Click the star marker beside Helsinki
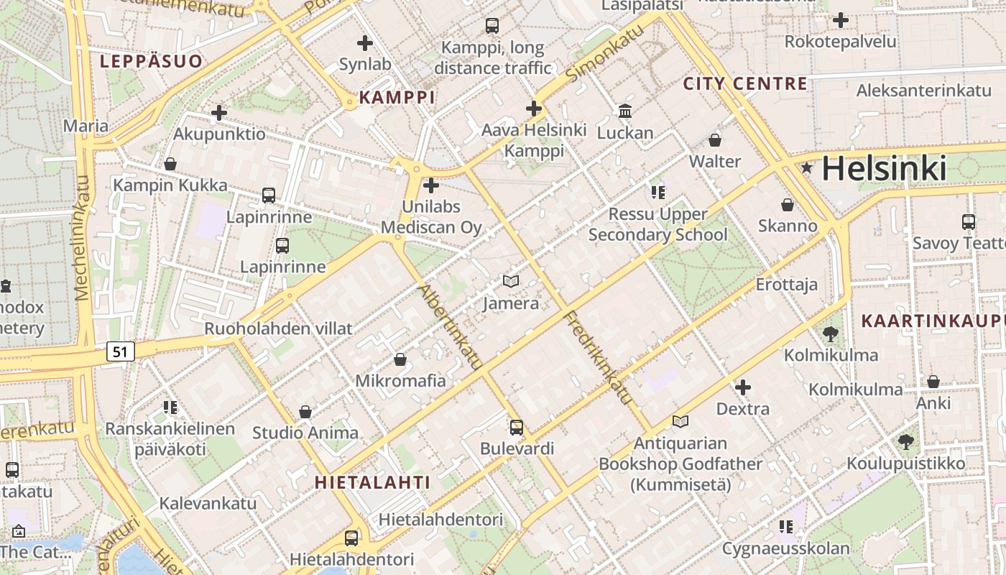tap(807, 168)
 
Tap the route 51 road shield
tap(121, 351)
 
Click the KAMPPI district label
tap(397, 98)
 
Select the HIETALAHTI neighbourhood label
tap(372, 482)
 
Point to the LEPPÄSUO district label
tap(151, 61)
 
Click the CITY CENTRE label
tap(745, 83)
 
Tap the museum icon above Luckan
tap(625, 111)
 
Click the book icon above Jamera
tap(510, 281)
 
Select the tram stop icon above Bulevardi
tap(516, 428)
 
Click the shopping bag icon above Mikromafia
tap(400, 359)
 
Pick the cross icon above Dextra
tap(743, 388)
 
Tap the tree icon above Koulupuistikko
tap(905, 441)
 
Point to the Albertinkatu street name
tap(450, 327)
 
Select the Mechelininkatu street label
tap(82, 237)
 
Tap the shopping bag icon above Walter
tap(714, 139)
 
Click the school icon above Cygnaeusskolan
tap(785, 527)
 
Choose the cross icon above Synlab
tap(365, 43)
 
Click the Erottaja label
tap(786, 285)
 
